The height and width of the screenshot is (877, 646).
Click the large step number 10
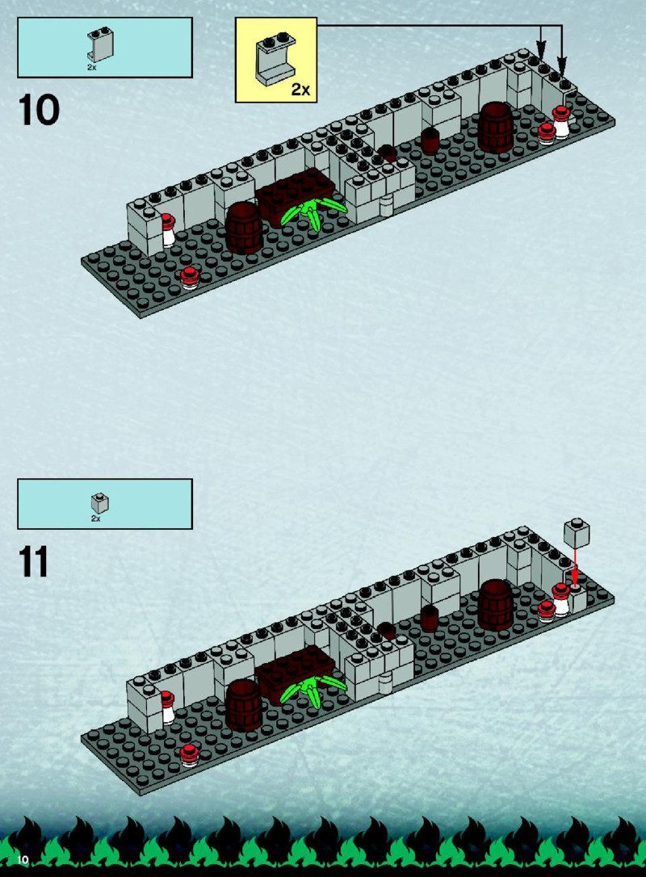[39, 110]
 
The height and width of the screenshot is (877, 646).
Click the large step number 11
[34, 561]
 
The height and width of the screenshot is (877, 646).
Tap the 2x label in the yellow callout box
[300, 89]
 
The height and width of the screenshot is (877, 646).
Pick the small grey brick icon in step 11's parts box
[99, 503]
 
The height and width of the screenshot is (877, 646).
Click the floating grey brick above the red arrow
[577, 533]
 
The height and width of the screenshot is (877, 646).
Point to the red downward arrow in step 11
[574, 567]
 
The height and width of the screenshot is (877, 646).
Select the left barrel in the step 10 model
[244, 228]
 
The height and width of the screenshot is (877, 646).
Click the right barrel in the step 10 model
[496, 128]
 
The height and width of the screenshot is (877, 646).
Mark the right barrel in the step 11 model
[496, 605]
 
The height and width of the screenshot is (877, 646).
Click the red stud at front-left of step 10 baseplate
[190, 278]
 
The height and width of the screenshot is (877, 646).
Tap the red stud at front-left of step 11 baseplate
[190, 755]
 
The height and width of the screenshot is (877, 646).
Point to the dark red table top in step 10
[296, 193]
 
